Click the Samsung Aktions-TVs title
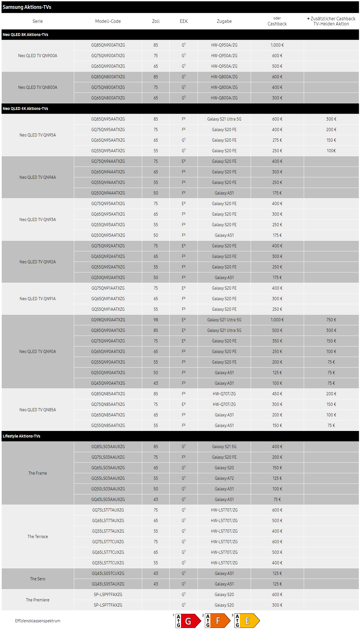27,7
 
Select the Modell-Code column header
108,21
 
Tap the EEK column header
184,21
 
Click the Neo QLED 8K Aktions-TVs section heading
25,35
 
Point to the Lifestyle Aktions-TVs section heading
21,436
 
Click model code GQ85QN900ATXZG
108,45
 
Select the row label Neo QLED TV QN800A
38,87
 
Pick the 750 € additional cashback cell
331,320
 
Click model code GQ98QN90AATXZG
108,320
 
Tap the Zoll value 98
156,320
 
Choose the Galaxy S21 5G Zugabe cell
224,447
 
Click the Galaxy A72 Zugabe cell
224,478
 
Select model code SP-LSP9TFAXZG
108,595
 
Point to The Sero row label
38,579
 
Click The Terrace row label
38,537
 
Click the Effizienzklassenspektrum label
38,621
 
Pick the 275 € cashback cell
277,140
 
